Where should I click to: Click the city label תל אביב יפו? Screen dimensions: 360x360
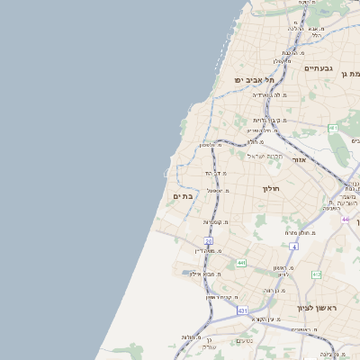click(254, 80)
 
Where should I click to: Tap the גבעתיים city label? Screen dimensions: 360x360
click(319, 68)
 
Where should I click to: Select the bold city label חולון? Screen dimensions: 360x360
click(272, 188)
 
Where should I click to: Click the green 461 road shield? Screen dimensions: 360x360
click(333, 128)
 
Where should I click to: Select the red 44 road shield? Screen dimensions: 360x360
click(345, 219)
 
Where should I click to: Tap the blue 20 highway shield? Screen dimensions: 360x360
click(209, 241)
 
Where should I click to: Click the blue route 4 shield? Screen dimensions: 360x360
click(293, 245)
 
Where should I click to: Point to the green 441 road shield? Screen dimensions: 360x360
click(240, 263)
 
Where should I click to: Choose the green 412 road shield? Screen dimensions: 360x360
click(316, 274)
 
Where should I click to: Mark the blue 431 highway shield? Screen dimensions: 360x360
click(242, 310)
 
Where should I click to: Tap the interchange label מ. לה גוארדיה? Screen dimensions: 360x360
click(269, 94)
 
